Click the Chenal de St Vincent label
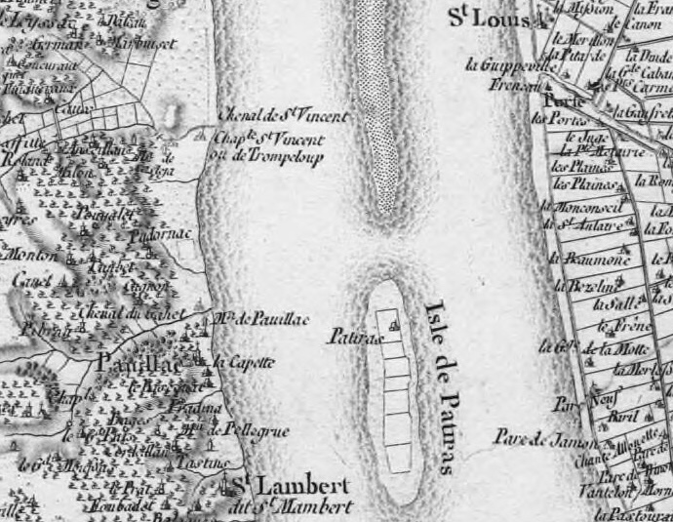(x=284, y=116)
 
